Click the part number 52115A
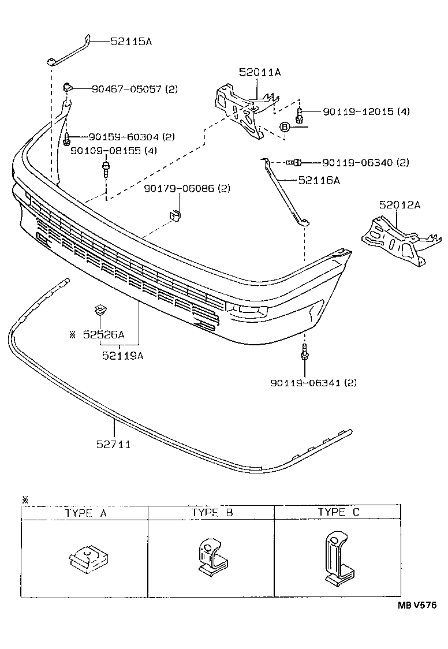(131, 42)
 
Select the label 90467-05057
(127, 89)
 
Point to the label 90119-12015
(349, 111)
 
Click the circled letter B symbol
(285, 127)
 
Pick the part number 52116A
(319, 180)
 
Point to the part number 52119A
(122, 356)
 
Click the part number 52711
(114, 444)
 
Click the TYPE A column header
(85, 513)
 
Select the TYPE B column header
(212, 512)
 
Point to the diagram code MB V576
(416, 605)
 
